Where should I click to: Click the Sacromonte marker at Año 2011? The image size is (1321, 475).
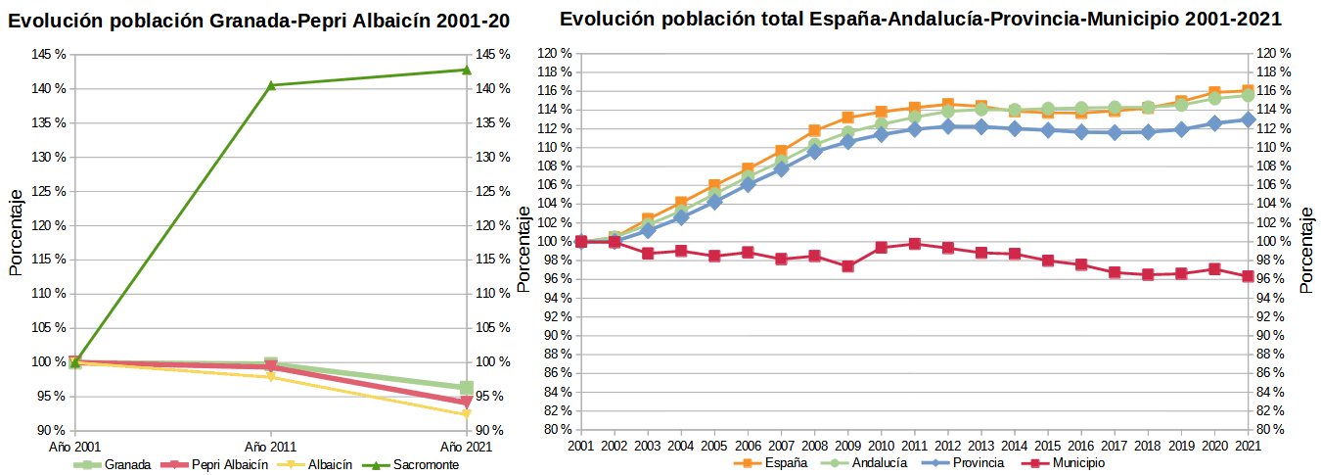pos(271,85)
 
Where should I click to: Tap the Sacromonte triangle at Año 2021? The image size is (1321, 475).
pos(466,70)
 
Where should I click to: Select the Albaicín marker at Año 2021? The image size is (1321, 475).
pos(466,414)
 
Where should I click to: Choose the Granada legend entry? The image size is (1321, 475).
pos(116,464)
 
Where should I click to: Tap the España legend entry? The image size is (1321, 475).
pos(777,462)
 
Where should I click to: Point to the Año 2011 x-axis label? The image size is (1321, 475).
pos(270,446)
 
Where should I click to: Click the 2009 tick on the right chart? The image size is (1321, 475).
pos(847,446)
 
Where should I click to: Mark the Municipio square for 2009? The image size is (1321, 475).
pos(847,265)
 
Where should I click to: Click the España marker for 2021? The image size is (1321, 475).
pos(1248,91)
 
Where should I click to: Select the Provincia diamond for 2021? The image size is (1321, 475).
pos(1248,119)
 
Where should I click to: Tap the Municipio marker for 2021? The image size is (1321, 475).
pos(1248,276)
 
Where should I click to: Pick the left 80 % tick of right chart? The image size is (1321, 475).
pos(556,429)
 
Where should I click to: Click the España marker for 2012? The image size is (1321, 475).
pos(947,104)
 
